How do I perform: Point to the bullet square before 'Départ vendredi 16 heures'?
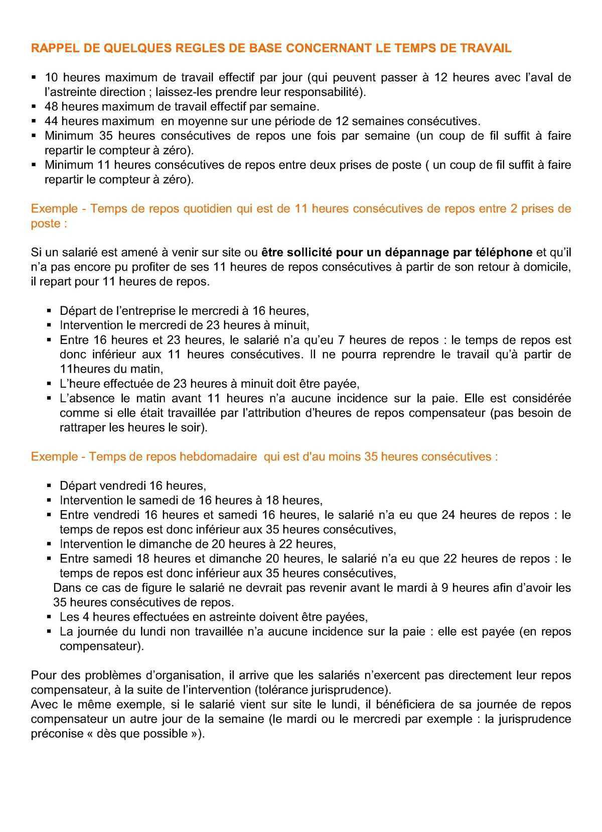click(x=49, y=486)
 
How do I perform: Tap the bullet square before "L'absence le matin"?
click(x=49, y=399)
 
